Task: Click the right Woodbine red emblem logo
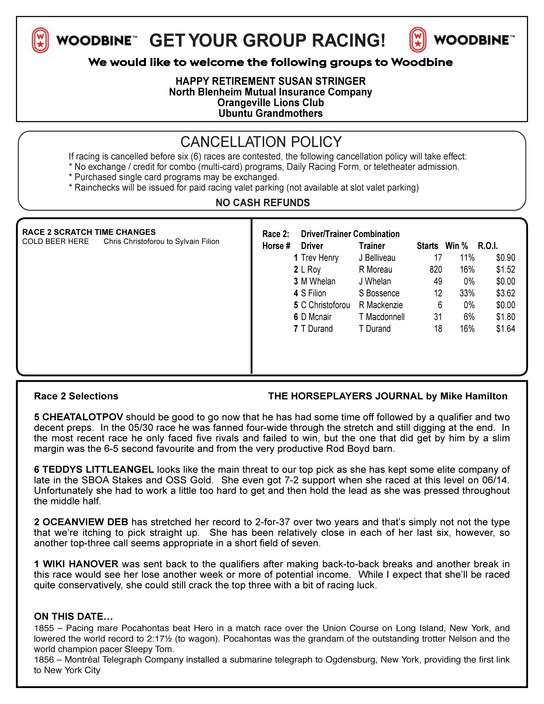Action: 418,40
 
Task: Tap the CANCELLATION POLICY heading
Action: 261,142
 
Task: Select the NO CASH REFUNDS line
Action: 262,203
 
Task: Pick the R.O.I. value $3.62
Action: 505,293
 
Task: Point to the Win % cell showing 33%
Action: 467,293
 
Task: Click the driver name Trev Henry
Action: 319,258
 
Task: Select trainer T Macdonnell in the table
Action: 382,317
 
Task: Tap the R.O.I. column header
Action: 488,246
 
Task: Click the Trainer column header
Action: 372,246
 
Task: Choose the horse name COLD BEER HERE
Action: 55,242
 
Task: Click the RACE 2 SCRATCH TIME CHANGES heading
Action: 89,232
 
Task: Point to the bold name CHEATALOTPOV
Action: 83,417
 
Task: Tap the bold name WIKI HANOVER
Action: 80,564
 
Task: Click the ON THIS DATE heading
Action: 73,616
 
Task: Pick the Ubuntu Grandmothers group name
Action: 270,113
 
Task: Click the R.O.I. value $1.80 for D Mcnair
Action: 505,317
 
